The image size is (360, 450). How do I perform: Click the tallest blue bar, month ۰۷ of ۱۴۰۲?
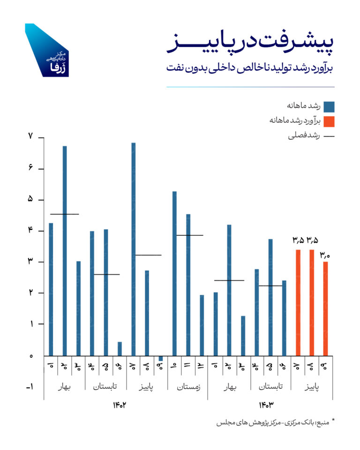(x=134, y=248)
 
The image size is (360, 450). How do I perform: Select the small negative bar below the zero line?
(x=161, y=359)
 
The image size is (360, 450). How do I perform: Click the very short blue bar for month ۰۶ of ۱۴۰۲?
(x=120, y=349)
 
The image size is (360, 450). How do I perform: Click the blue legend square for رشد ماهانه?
(x=329, y=106)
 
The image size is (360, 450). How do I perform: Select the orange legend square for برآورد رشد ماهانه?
(x=329, y=121)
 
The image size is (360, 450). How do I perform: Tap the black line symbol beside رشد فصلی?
(x=329, y=137)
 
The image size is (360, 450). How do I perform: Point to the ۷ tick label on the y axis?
(x=30, y=137)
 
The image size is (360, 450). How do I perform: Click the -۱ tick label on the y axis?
(x=29, y=387)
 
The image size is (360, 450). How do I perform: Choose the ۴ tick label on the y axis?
(x=30, y=231)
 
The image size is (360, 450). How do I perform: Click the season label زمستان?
(x=188, y=388)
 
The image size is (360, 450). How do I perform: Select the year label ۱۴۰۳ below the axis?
(x=266, y=405)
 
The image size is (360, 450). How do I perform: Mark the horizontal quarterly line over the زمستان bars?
(x=189, y=235)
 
